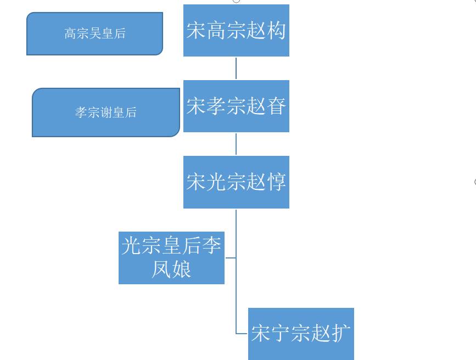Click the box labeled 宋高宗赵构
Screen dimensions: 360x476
[x=236, y=30]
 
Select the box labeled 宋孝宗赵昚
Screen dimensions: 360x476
[x=236, y=106]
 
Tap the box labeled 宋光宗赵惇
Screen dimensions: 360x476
[x=236, y=182]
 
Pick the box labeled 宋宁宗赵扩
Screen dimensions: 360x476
[x=301, y=334]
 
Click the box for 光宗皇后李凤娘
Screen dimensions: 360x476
[x=171, y=258]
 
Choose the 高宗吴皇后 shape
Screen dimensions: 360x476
[x=94, y=33]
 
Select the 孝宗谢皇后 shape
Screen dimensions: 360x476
[x=105, y=113]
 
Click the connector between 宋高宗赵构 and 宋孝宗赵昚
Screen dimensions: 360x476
[x=236, y=68]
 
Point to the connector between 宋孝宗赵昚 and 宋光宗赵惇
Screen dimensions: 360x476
[x=236, y=144]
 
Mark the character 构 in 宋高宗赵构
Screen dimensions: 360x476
[x=276, y=30]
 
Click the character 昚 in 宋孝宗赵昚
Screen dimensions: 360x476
[x=276, y=106]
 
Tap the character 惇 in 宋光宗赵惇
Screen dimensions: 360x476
[x=276, y=182]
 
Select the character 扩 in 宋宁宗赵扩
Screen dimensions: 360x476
[x=341, y=334]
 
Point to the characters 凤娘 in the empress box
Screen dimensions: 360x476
[x=171, y=269]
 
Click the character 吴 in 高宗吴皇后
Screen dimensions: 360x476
[x=95, y=33]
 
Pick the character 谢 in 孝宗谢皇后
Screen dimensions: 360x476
[x=106, y=113]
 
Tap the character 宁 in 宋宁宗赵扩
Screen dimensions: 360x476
[x=281, y=334]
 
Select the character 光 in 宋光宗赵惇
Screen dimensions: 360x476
[x=216, y=182]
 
